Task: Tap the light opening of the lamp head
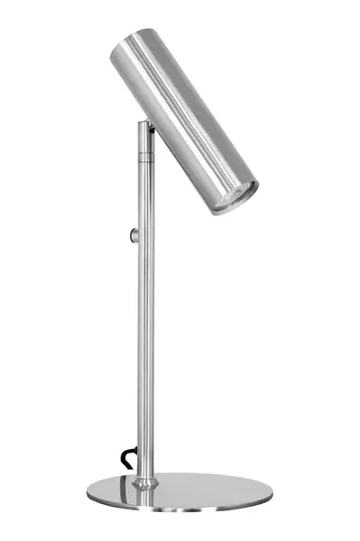point(234,197)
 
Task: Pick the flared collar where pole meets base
point(143,482)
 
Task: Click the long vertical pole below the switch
point(144,361)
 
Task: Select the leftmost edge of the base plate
point(88,491)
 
